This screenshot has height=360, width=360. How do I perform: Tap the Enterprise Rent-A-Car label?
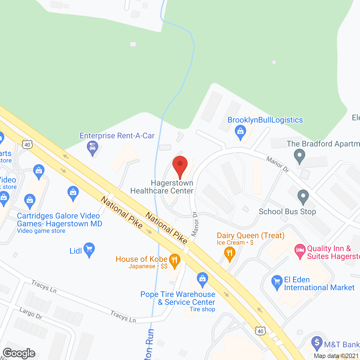[x=117, y=136]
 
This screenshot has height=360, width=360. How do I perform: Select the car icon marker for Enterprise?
[x=92, y=148]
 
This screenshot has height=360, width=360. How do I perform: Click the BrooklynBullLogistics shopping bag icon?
[x=240, y=132]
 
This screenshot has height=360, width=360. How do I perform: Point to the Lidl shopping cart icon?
[x=89, y=249]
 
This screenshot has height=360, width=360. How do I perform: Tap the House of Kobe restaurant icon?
[x=174, y=260]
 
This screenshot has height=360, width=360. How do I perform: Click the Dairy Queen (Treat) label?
[x=251, y=235]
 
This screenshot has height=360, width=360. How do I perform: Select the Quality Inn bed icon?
[x=300, y=251]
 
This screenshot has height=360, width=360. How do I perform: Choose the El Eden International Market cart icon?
[x=277, y=282]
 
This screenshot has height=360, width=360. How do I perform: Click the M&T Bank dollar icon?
[x=317, y=343]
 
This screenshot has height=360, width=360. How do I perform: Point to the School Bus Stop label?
[x=287, y=211]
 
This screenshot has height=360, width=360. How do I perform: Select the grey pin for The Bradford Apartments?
[x=299, y=156]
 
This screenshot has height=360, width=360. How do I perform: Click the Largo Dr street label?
[x=31, y=313]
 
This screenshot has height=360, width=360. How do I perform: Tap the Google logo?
[x=19, y=353]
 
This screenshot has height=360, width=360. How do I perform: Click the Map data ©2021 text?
[x=336, y=356]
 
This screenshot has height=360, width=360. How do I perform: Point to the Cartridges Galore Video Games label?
[x=59, y=220]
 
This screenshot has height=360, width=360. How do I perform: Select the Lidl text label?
[x=76, y=251]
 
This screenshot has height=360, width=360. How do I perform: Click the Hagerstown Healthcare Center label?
[x=162, y=187]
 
